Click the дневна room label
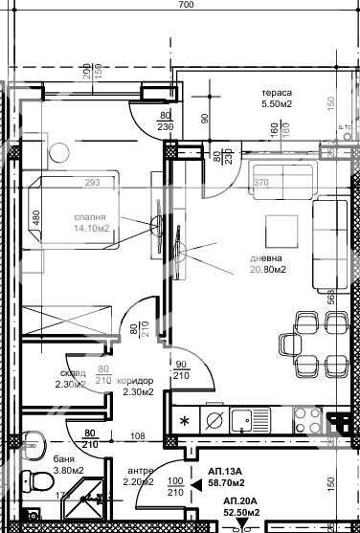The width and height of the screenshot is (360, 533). pos(268,255)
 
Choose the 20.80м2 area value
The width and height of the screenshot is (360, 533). pos(268,268)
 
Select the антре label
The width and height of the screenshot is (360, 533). pos(140,471)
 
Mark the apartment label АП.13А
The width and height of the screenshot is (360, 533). pos(226,472)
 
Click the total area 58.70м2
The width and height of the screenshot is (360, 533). pos(227,485)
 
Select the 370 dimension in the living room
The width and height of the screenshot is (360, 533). pos(259,182)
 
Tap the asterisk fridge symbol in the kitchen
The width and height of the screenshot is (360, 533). pos(184,419)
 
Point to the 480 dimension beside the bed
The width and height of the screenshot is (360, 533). pos(36,217)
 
